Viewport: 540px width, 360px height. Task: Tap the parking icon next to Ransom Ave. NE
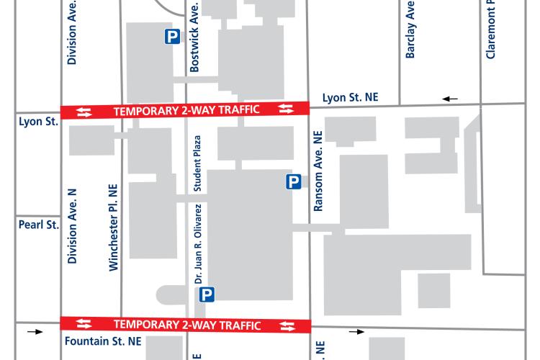tap(293, 182)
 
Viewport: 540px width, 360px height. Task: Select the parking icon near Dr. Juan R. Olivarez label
tap(207, 294)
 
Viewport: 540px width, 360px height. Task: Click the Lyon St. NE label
tap(350, 97)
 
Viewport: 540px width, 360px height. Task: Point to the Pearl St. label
tap(37, 225)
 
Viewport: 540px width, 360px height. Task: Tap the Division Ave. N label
tap(71, 226)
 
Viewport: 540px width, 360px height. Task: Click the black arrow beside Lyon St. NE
tap(450, 98)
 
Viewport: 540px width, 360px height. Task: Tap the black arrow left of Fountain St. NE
tap(35, 332)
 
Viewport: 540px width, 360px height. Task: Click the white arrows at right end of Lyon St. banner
tap(287, 109)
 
